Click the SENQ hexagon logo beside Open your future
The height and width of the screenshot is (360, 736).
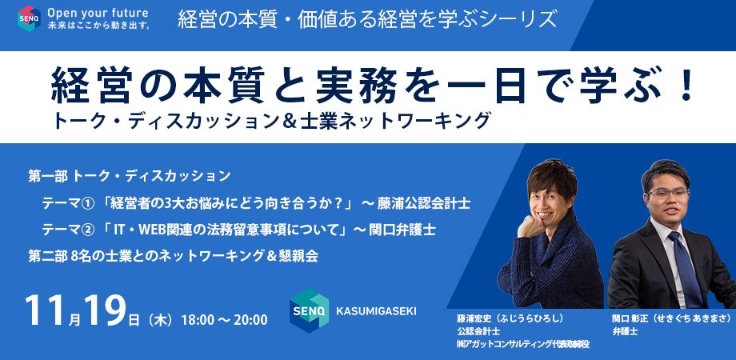pos(29,18)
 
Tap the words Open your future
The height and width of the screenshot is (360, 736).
pos(98,13)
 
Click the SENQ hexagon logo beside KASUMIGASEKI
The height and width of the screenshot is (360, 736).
pos(309,310)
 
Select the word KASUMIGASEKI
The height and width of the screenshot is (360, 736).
pos(376,311)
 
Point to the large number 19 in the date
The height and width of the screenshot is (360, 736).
pos(106,310)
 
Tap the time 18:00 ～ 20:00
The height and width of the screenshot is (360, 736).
pos(224,320)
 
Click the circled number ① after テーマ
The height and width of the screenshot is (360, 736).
pos(88,204)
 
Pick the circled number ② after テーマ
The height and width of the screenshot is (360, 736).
pos(88,230)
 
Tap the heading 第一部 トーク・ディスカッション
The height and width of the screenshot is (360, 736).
pos(130,177)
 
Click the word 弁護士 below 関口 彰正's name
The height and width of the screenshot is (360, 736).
pos(625,331)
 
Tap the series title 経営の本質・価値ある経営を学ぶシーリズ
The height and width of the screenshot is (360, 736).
pos(367,19)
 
